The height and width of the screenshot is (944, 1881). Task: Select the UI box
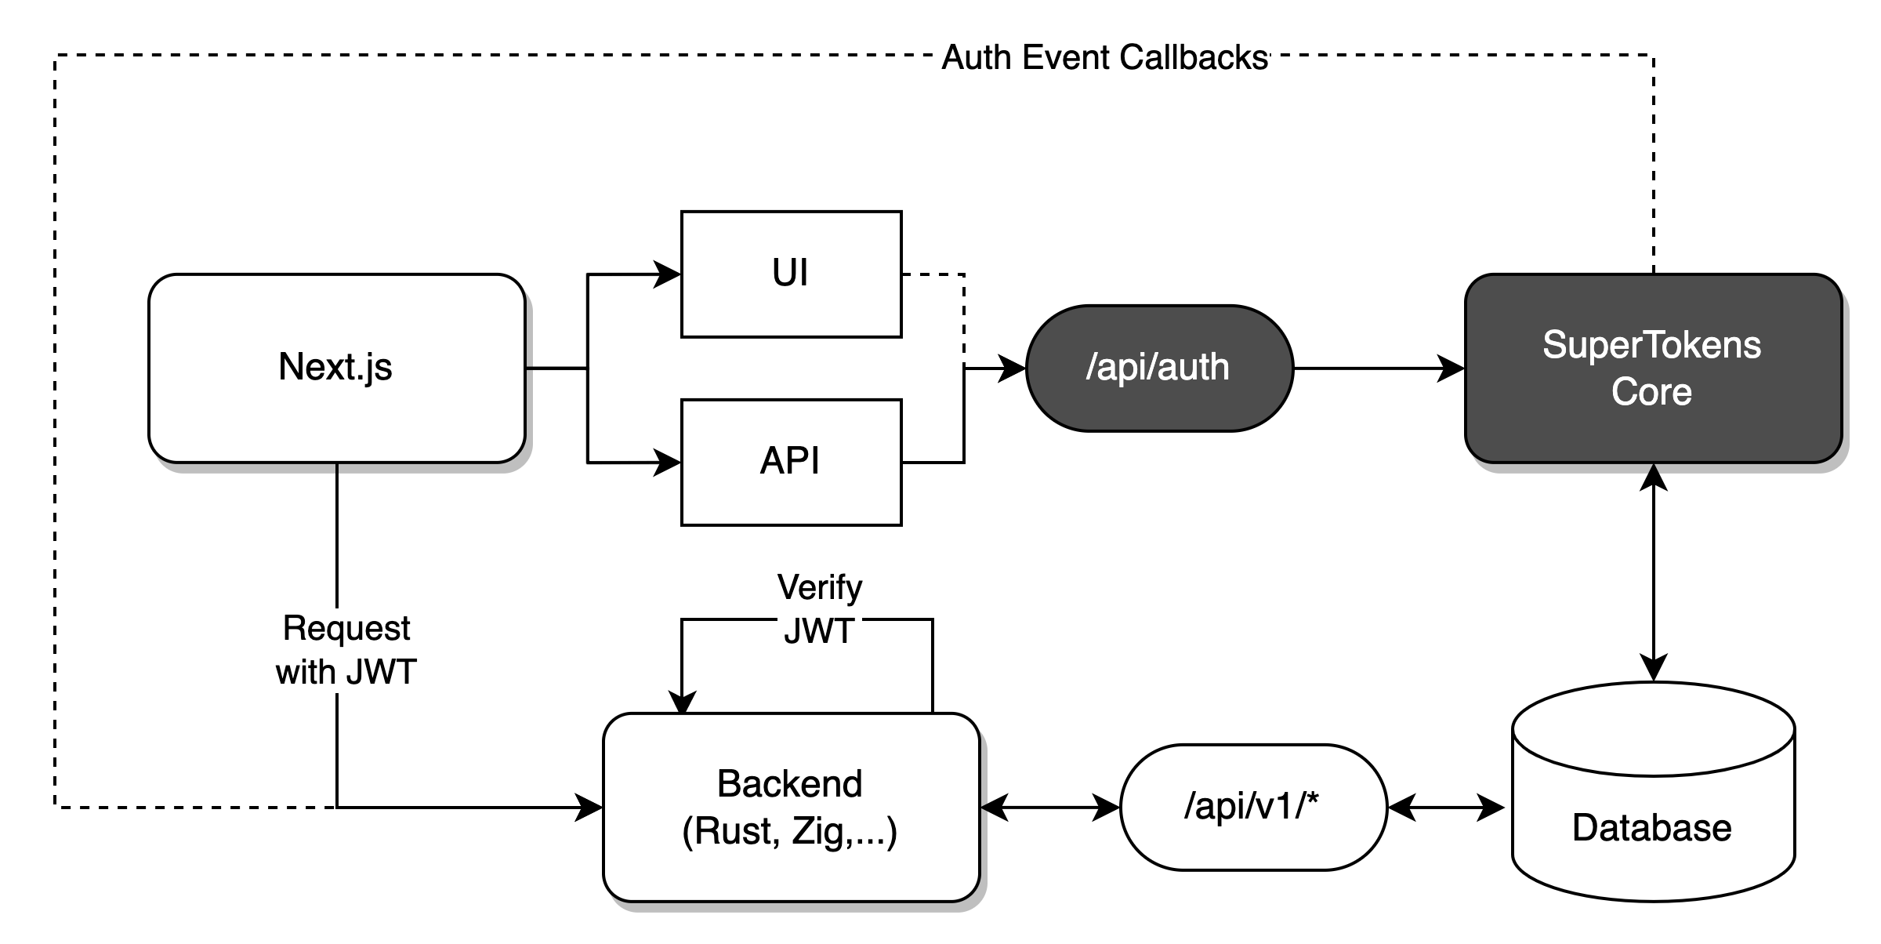coord(791,274)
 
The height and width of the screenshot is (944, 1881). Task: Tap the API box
coord(791,462)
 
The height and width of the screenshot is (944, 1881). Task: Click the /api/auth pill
coord(1158,368)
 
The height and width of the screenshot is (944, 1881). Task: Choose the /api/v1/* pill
coord(1252,807)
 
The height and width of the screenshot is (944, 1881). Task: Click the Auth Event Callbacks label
coord(1104,58)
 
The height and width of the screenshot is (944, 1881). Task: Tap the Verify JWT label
coord(819,610)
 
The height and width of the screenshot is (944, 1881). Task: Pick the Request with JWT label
coord(346,651)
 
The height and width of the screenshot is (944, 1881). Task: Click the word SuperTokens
coord(1651,345)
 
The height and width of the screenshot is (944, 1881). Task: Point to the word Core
coord(1651,391)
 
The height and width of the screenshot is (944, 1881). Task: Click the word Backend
coord(789,783)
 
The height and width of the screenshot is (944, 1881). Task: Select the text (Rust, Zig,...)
coord(789,831)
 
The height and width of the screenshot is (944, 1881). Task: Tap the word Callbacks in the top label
coord(1194,58)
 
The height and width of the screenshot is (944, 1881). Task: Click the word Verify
coord(819,588)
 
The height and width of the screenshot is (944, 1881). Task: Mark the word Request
coord(346,628)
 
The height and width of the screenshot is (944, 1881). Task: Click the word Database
coord(1651,828)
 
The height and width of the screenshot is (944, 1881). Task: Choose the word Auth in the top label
coord(977,58)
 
